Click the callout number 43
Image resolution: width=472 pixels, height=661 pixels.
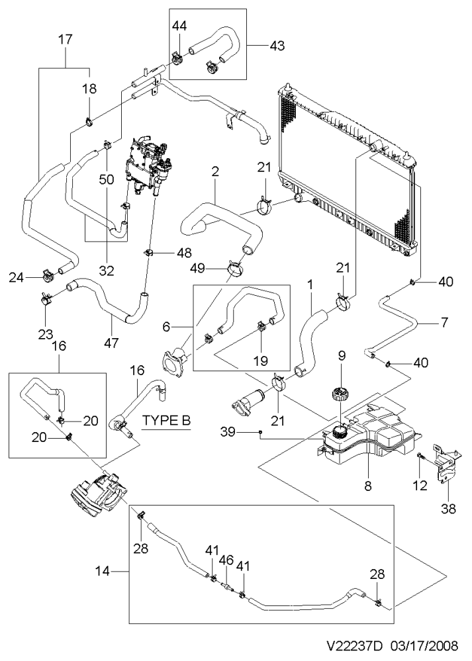(277, 45)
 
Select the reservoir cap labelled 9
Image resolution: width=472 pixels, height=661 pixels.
(340, 396)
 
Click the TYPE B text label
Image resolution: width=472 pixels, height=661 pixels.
(166, 420)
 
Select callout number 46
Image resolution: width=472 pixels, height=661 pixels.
(226, 560)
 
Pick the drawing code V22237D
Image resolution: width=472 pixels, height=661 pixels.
(354, 645)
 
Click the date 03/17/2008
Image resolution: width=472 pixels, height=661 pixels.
(425, 645)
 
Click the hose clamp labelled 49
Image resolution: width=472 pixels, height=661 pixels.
(235, 267)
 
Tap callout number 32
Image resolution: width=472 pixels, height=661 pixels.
(107, 270)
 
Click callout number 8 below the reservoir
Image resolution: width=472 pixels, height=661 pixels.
(368, 486)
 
